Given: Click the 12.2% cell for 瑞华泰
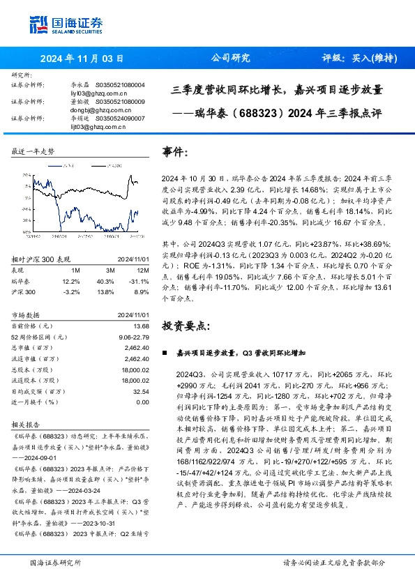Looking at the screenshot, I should pos(72,280).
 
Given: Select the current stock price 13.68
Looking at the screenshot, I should pos(140,326).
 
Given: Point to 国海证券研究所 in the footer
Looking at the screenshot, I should pos(54,562).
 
